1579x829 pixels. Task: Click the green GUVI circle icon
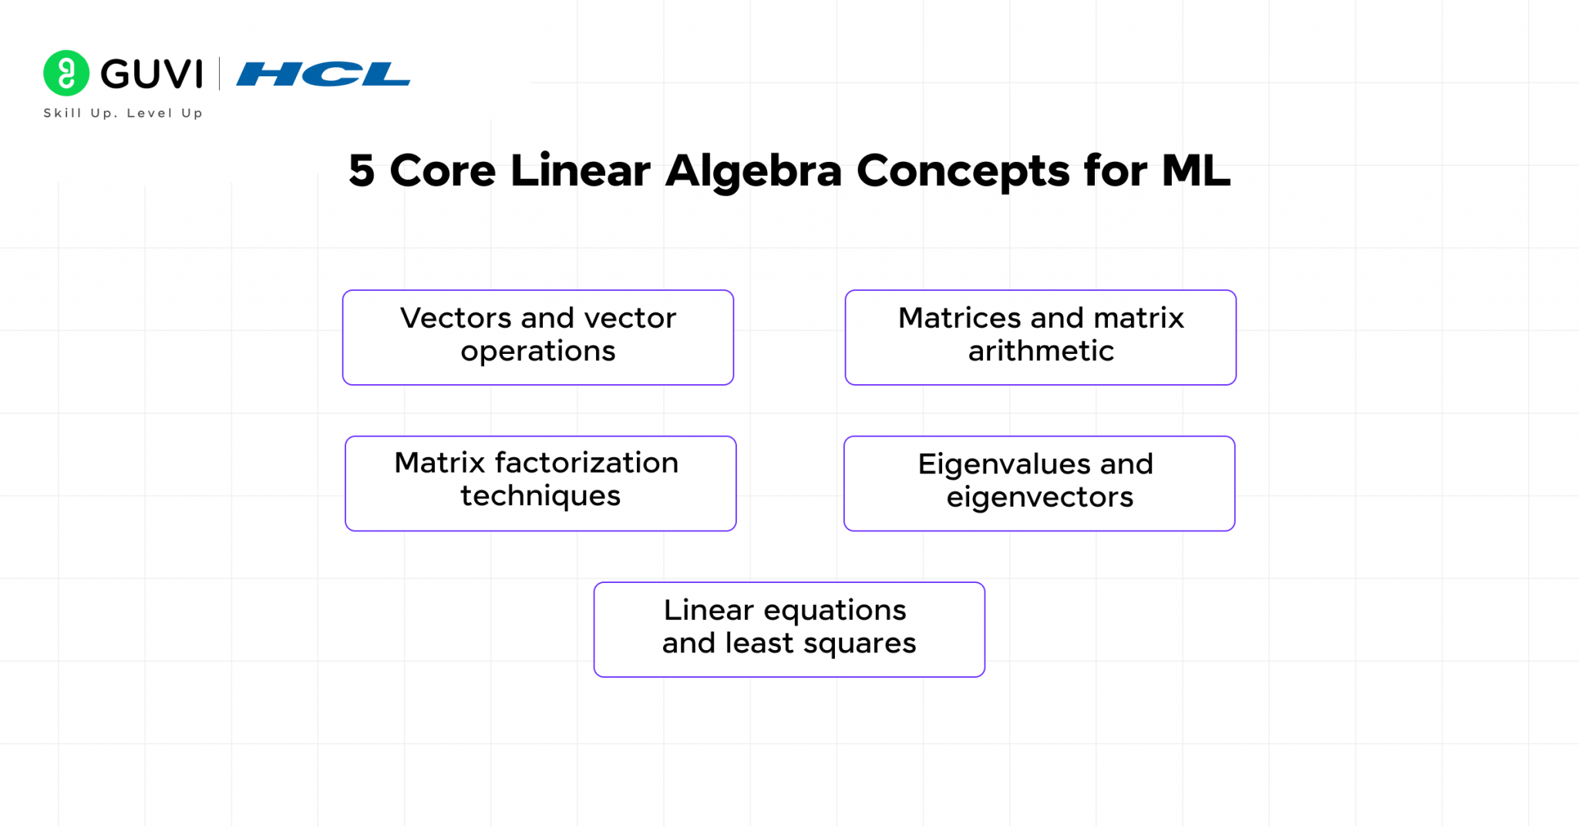pos(66,73)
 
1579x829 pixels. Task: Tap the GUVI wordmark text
pos(152,74)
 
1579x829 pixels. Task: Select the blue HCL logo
pos(323,74)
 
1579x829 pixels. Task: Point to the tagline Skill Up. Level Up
pos(123,113)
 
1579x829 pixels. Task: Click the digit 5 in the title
pos(362,171)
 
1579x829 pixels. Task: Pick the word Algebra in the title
pos(753,171)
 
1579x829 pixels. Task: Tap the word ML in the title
pos(1196,171)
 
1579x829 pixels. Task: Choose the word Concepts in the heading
pos(963,171)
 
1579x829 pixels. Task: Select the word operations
pos(538,352)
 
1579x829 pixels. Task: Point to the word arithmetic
pos(1041,352)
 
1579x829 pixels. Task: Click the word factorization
pos(587,463)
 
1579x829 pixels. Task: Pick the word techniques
pos(540,496)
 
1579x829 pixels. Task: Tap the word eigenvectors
pos(1040,497)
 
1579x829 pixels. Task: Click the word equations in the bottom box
pos(835,611)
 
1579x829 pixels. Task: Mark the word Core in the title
pos(443,171)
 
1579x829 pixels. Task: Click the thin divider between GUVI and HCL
pos(220,74)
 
